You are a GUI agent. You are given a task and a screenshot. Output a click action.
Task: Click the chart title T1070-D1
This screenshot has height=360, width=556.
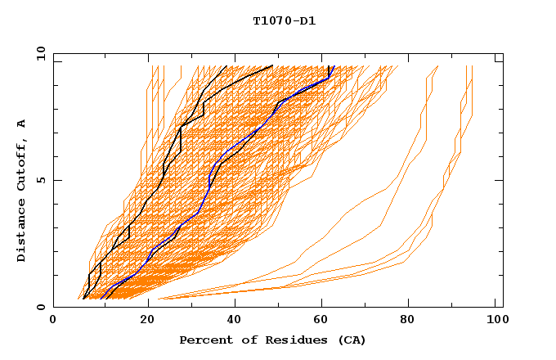point(284,21)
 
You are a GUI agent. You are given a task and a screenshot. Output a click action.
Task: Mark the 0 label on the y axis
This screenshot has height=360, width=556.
point(40,308)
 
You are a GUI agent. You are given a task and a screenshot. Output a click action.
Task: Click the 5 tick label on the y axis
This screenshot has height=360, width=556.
point(40,180)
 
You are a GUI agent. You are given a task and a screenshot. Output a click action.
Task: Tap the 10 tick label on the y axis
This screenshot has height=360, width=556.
point(38,53)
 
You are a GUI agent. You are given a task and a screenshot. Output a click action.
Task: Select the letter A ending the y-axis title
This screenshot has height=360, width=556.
point(22,123)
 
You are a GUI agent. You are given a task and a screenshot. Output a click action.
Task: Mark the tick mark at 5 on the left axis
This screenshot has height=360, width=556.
point(56,180)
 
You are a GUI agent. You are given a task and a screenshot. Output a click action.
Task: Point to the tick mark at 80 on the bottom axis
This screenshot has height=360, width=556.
point(413,304)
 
